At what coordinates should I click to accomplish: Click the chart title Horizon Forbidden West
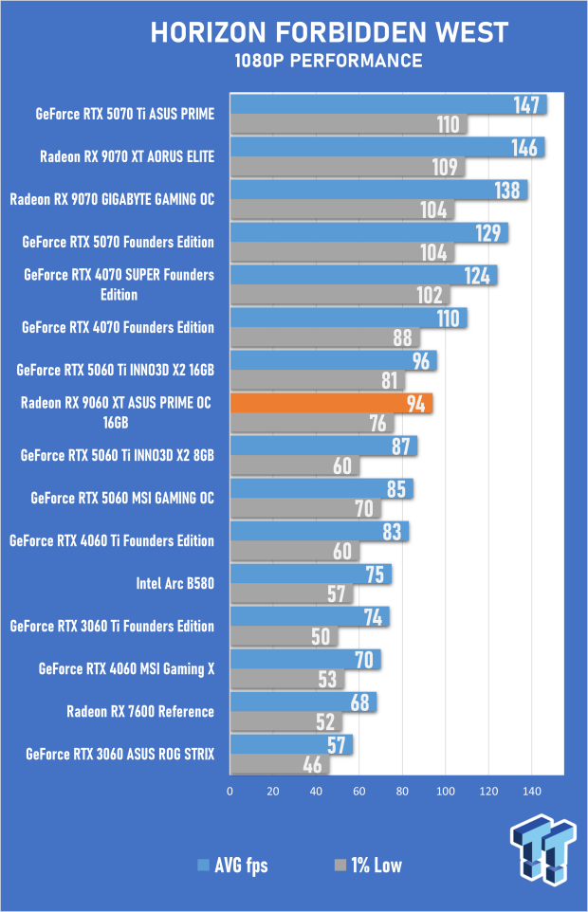[x=329, y=34]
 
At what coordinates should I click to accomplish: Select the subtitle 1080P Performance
[x=329, y=61]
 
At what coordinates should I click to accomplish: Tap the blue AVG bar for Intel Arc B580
[x=309, y=574]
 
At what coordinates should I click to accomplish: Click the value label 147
[x=527, y=104]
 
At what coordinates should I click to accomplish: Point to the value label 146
[x=524, y=147]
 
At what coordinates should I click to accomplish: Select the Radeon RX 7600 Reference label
[x=139, y=712]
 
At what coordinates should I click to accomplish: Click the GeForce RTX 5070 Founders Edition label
[x=118, y=243]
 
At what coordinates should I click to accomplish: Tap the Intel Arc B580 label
[x=175, y=584]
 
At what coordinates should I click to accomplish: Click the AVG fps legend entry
[x=231, y=865]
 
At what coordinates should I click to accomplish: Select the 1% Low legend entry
[x=371, y=865]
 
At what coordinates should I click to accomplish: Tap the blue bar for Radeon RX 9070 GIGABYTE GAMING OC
[x=377, y=190]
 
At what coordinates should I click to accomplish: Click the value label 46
[x=312, y=766]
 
